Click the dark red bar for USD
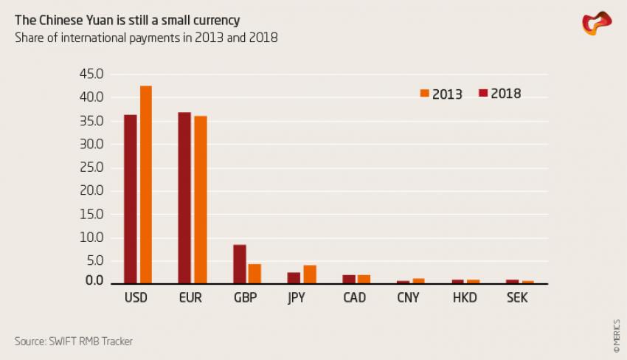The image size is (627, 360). tap(131, 199)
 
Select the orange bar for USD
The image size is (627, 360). tap(146, 184)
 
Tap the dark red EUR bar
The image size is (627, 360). tap(184, 198)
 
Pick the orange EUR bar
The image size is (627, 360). tap(201, 200)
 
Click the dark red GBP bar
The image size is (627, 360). tap(239, 264)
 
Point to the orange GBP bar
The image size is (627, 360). tap(255, 274)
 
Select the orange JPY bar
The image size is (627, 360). tap(310, 274)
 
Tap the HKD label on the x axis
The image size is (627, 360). tap(465, 299)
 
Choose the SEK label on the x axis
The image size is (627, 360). tap(518, 299)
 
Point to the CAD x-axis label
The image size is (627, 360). tap(355, 299)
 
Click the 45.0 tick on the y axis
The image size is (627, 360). tap(91, 74)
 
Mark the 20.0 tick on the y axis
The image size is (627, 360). tap(91, 190)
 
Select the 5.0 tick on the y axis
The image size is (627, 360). tap(94, 260)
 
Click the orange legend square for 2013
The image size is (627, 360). tap(424, 93)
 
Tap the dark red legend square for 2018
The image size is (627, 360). tap(483, 93)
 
